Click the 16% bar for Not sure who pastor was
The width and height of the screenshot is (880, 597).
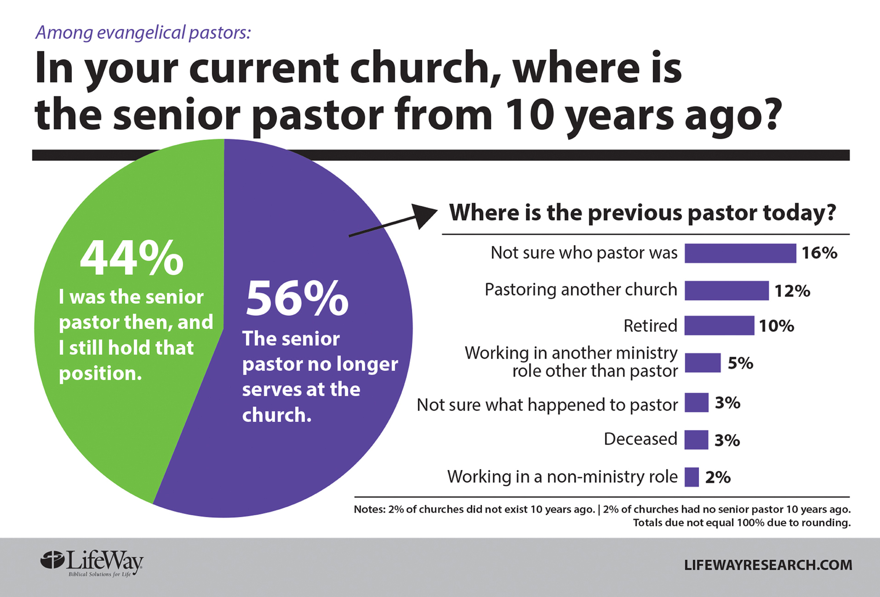click(740, 253)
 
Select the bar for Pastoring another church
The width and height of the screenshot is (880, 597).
click(726, 291)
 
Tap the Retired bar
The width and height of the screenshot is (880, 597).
click(719, 325)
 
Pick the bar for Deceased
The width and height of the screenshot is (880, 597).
click(696, 439)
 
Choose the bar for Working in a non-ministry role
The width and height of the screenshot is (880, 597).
click(692, 477)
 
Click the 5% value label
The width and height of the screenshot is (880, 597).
click(741, 363)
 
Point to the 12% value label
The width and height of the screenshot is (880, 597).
click(792, 291)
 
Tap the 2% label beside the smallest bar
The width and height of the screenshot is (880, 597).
click(718, 477)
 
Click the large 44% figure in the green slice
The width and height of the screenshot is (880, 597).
click(132, 258)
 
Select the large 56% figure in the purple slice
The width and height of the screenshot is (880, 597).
click(297, 298)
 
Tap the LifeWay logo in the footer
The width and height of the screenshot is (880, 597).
click(92, 563)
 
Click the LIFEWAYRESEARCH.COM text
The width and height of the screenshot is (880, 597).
click(768, 565)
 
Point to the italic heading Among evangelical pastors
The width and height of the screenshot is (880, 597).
click(143, 33)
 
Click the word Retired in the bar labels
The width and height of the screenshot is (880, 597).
click(650, 326)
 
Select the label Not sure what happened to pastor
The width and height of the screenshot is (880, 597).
click(547, 405)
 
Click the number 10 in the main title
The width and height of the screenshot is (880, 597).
click(529, 115)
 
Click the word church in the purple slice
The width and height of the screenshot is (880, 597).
click(277, 415)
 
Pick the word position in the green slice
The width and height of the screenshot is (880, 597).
click(100, 374)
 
